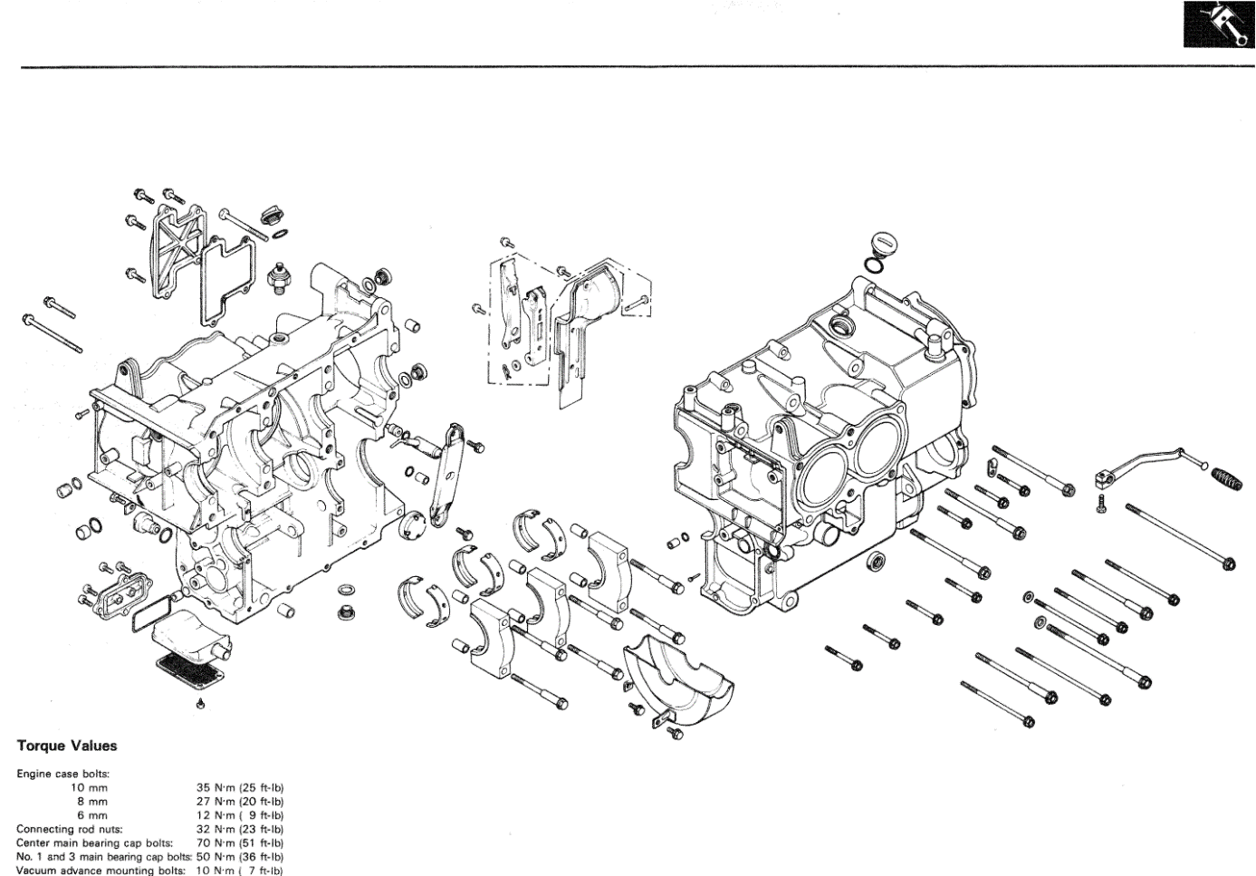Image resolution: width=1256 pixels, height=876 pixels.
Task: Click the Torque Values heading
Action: click(x=67, y=746)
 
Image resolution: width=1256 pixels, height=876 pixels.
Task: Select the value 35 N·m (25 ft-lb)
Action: click(x=240, y=787)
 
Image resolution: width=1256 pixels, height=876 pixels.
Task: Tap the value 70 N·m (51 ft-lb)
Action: click(x=240, y=842)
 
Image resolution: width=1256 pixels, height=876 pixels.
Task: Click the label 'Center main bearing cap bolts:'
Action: click(x=94, y=842)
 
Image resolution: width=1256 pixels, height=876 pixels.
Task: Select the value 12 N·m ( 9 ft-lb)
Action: click(x=240, y=815)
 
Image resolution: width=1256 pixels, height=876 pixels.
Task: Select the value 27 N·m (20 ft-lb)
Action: click(x=240, y=801)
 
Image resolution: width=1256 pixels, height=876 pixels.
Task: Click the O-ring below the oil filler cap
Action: click(x=876, y=265)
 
